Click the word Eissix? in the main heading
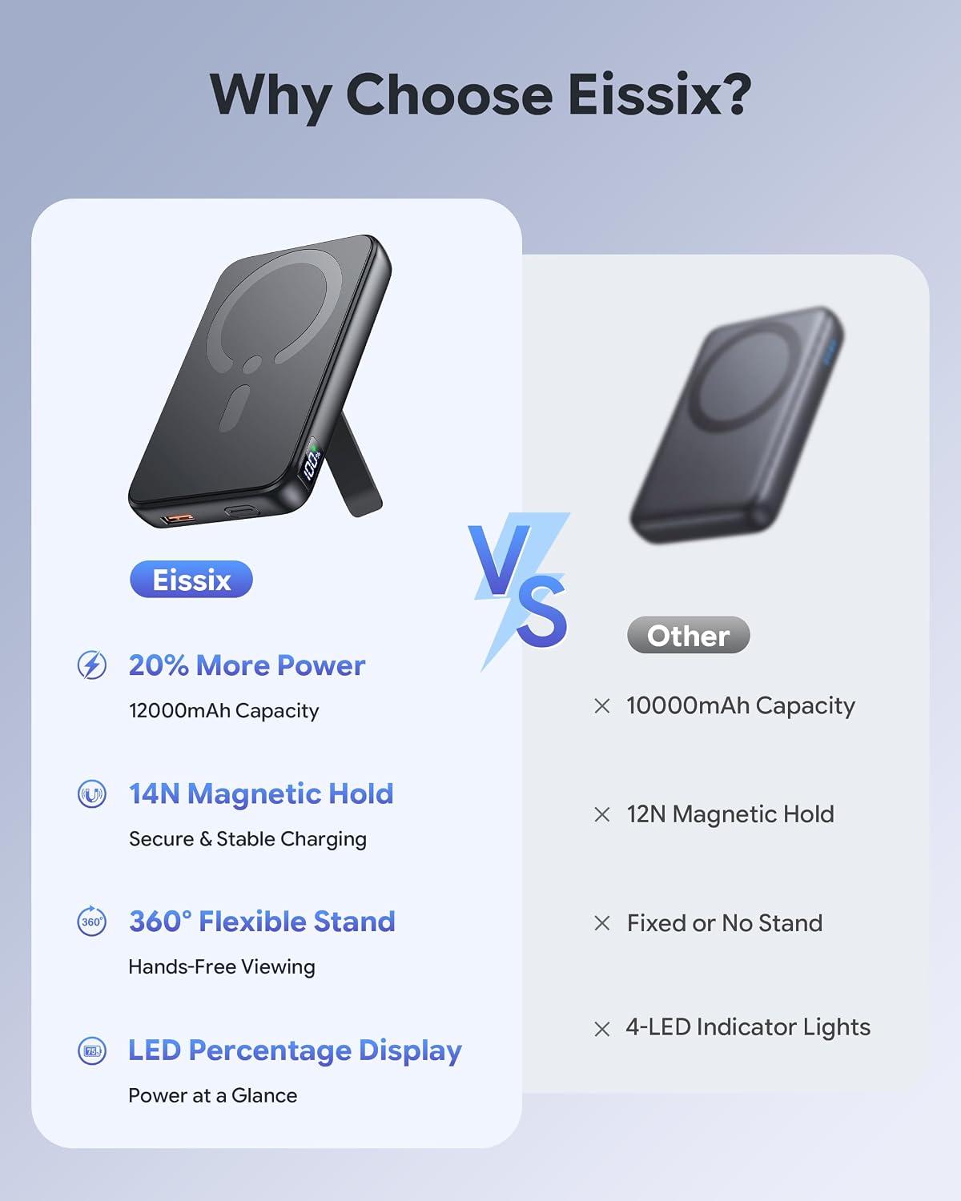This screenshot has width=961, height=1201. tap(659, 94)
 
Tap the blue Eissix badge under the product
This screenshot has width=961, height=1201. tap(191, 580)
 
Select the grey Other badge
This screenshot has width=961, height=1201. tap(688, 635)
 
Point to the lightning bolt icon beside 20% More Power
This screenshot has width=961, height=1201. tap(92, 665)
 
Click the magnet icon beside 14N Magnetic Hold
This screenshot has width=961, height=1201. tap(92, 793)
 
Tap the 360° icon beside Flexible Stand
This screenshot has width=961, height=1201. tap(92, 922)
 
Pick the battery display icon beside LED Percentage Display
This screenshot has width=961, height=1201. tap(92, 1050)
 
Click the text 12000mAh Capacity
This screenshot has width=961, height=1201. tap(224, 711)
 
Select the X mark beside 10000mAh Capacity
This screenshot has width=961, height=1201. tap(602, 706)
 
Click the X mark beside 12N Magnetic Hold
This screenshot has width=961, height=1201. tap(602, 815)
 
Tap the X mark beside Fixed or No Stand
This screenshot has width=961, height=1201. tap(602, 923)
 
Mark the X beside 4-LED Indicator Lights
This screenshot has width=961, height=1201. tap(602, 1029)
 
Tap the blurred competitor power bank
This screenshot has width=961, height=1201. tap(737, 424)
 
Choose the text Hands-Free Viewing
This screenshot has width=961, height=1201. tap(222, 966)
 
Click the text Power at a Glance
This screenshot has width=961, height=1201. tap(213, 1095)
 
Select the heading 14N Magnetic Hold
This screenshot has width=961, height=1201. tap(261, 793)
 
